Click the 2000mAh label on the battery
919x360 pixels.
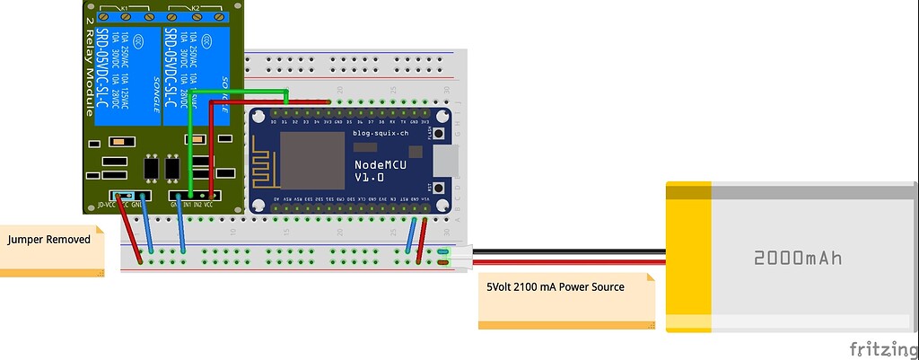click(x=798, y=259)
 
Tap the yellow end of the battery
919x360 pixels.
click(x=687, y=257)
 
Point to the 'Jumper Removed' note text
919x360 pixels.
click(x=49, y=240)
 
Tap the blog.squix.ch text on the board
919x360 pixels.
click(x=380, y=133)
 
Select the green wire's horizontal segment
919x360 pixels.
click(x=238, y=92)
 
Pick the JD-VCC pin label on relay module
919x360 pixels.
click(x=106, y=205)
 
